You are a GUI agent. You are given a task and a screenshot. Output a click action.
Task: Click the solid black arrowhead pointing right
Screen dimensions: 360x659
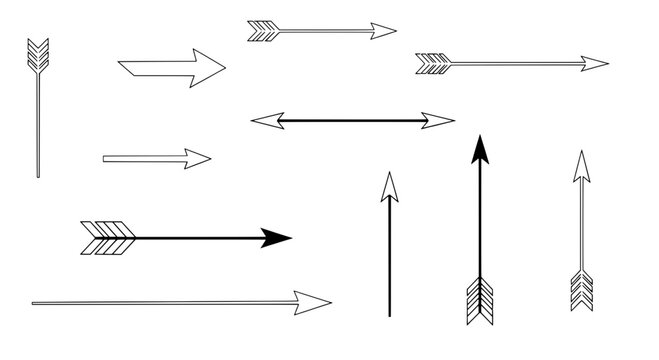pyautogui.click(x=275, y=238)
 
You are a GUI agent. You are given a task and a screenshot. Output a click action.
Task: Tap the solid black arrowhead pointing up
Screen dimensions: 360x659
pyautogui.click(x=481, y=149)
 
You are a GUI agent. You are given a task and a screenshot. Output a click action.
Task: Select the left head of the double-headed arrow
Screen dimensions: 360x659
pyautogui.click(x=264, y=121)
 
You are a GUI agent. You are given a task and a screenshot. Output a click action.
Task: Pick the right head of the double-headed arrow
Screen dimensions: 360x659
pyautogui.click(x=439, y=121)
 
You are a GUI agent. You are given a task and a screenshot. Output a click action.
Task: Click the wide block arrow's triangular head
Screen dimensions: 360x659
pyautogui.click(x=207, y=68)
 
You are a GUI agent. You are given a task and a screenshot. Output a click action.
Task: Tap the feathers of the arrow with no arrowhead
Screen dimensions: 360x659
pyautogui.click(x=36, y=55)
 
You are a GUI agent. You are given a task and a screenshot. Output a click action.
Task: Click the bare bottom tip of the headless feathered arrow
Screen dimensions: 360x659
pyautogui.click(x=38, y=175)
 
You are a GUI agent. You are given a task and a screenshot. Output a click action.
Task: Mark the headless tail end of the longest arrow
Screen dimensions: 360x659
pyautogui.click(x=34, y=301)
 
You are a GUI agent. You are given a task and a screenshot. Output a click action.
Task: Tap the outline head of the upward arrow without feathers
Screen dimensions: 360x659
pyautogui.click(x=389, y=186)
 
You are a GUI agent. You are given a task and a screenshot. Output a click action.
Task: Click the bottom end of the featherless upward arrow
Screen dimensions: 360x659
pyautogui.click(x=389, y=313)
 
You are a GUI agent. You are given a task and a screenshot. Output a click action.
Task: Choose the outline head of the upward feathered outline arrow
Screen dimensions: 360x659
pyautogui.click(x=580, y=166)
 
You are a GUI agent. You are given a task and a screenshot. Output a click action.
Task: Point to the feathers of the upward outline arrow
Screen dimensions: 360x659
pyautogui.click(x=580, y=290)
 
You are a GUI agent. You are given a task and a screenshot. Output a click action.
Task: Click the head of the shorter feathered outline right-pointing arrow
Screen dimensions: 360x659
pyautogui.click(x=382, y=31)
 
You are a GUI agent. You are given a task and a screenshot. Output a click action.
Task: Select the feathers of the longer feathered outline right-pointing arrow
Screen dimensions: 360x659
pyautogui.click(x=433, y=64)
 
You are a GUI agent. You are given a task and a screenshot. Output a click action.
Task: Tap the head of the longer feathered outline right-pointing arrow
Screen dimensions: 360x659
pyautogui.click(x=595, y=64)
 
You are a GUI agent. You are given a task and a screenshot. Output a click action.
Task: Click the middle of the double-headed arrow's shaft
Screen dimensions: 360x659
pyautogui.click(x=352, y=121)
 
